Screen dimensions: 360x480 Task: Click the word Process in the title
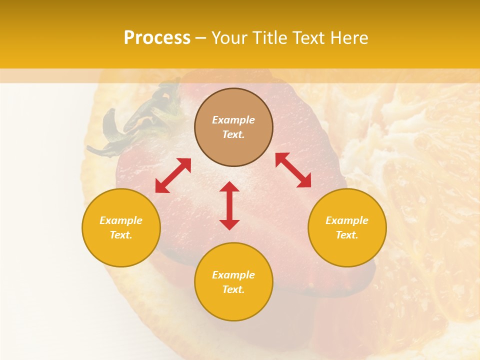[x=157, y=38]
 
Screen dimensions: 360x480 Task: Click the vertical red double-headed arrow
[x=229, y=205]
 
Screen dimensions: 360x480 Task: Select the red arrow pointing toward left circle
[x=173, y=175]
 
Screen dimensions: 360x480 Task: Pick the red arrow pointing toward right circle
[x=293, y=170]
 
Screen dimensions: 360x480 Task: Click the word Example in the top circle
[x=233, y=120]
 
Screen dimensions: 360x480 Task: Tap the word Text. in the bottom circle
[x=233, y=289]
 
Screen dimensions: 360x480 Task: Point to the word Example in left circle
[x=121, y=220]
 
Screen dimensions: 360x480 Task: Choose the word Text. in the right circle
[x=347, y=235]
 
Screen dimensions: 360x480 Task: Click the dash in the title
[x=201, y=38]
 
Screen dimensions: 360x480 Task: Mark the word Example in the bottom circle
[x=233, y=275]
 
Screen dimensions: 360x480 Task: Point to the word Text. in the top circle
[x=233, y=134]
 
